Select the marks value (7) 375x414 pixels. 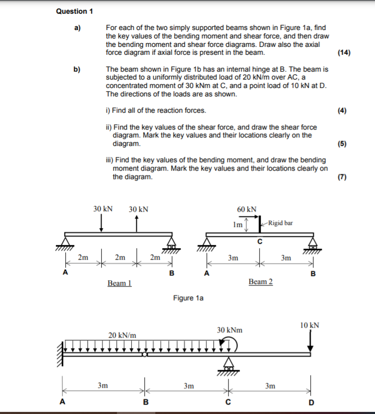coord(342,177)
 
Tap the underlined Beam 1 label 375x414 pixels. coord(120,283)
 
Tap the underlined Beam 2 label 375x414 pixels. coord(261,282)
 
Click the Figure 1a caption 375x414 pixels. coord(188,298)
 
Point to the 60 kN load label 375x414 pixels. coord(247,209)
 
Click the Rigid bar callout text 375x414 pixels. coord(280,223)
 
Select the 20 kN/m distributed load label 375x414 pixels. coord(122,335)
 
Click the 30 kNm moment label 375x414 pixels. coord(230,330)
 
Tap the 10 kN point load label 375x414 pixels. coord(310,326)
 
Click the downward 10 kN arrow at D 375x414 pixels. coord(310,341)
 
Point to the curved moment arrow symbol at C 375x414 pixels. coord(231,344)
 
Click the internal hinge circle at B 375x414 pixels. coord(145,354)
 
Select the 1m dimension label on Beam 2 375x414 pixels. coord(238,225)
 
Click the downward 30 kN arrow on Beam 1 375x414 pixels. coord(102,223)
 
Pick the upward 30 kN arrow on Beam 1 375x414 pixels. coord(137,223)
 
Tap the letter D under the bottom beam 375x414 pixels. coord(311,403)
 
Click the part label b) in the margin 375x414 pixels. coord(77,70)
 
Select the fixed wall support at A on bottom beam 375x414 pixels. coord(62,354)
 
